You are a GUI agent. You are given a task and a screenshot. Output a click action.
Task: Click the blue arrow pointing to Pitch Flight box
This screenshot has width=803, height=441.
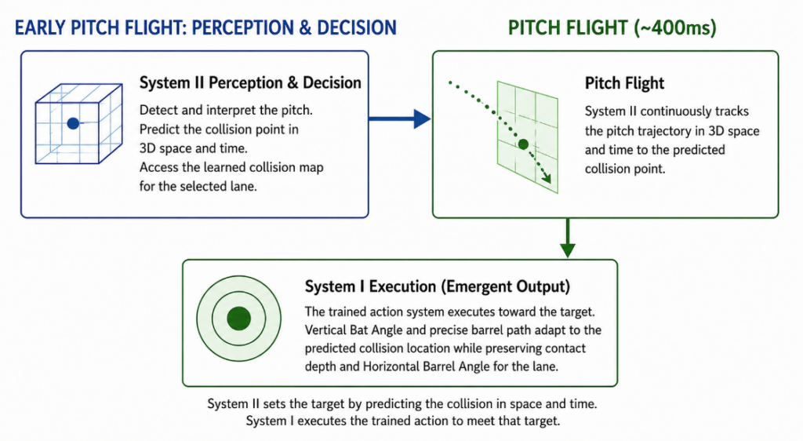tap(400, 118)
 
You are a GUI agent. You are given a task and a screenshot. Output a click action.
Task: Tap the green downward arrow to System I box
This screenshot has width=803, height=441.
tap(568, 239)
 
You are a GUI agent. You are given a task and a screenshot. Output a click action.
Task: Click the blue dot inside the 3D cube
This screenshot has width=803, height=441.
tap(73, 123)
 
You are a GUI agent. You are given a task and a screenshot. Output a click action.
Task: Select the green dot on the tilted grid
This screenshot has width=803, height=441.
tap(523, 144)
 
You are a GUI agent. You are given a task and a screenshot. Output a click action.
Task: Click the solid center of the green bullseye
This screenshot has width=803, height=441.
tap(238, 319)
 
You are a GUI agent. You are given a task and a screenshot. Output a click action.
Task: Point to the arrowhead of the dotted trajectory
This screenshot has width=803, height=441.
tap(547, 177)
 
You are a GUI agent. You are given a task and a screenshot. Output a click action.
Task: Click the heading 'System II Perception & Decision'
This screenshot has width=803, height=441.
tap(250, 82)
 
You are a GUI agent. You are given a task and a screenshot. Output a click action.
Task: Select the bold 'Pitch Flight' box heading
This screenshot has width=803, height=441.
tap(624, 83)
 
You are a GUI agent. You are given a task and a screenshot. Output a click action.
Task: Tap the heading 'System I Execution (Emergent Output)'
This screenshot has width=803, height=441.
tap(438, 286)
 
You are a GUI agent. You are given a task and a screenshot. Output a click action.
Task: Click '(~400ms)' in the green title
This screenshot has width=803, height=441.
tap(675, 27)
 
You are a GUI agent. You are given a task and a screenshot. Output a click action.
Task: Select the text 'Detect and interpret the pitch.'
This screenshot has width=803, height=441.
tap(226, 110)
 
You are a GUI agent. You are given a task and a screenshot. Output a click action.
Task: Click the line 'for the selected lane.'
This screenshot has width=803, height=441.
tap(198, 187)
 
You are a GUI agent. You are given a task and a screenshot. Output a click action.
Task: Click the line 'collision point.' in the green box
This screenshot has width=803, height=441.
tap(625, 169)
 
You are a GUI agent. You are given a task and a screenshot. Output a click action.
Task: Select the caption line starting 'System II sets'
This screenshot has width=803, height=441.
tap(402, 403)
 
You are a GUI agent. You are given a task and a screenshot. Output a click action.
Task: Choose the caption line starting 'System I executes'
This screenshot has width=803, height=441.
tap(403, 421)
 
